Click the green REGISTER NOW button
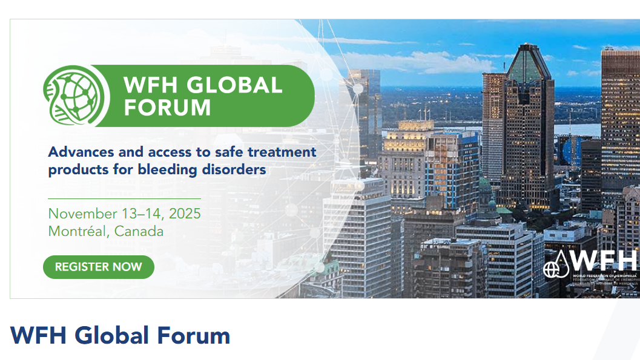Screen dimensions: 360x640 click(x=99, y=267)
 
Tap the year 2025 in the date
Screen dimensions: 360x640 click(x=185, y=214)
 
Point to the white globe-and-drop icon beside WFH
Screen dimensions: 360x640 click(x=558, y=264)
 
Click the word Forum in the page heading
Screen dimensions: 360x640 click(x=194, y=335)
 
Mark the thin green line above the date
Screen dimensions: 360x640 click(x=124, y=198)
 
